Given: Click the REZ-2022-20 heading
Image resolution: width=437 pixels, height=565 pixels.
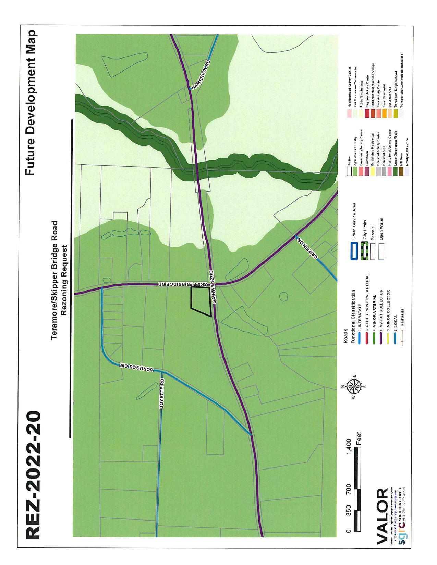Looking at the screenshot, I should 34,476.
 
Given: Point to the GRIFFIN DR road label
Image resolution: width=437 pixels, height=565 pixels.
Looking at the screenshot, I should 308,247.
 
